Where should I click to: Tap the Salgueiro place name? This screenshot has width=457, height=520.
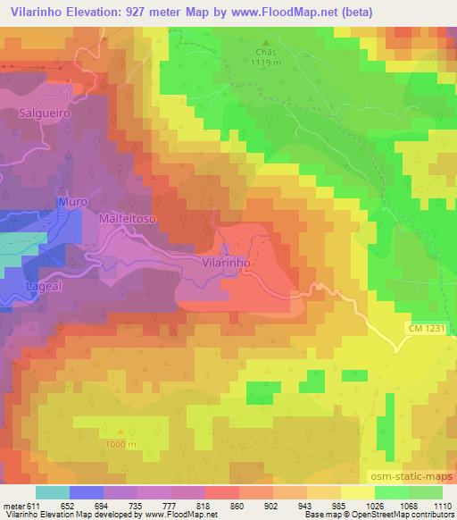[45, 113]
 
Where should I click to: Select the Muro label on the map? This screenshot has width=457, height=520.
[72, 203]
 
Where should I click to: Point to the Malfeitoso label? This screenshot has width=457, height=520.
[129, 217]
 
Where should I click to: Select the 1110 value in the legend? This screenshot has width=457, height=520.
[441, 505]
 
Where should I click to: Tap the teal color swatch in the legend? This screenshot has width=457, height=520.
[52, 492]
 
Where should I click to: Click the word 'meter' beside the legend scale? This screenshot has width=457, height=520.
[12, 505]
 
